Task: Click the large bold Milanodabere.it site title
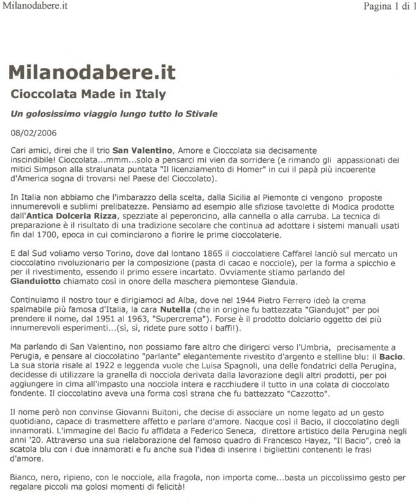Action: [91, 71]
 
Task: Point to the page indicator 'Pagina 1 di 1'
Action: [381, 7]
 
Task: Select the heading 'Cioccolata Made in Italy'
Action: [88, 94]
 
